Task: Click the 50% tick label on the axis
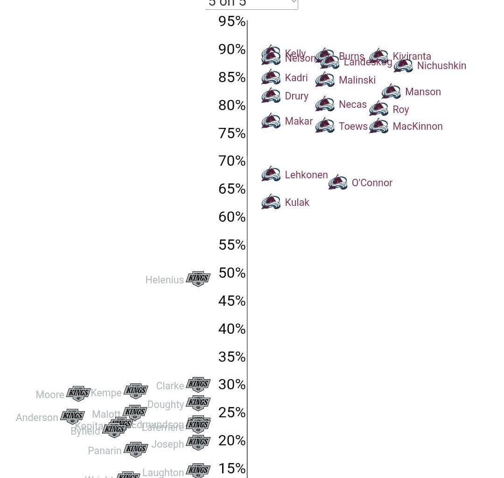point(232,273)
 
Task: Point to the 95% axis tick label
point(232,21)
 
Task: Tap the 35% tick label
point(232,357)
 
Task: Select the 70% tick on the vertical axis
point(232,161)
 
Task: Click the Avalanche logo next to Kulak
point(271,202)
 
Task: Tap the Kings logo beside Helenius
point(198,279)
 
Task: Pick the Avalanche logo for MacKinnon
point(378,126)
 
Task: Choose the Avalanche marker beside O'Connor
point(338,182)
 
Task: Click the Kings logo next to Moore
point(78,394)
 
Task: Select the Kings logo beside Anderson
point(72,416)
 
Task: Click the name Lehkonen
point(306,175)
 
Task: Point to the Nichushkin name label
point(441,65)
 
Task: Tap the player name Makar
point(299,121)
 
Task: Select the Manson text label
point(423,91)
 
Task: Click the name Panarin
point(105,450)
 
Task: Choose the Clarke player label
point(170,386)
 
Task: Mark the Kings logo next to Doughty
point(198,403)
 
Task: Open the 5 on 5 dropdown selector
point(252,4)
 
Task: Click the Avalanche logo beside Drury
point(271,95)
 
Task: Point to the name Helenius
point(164,280)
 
